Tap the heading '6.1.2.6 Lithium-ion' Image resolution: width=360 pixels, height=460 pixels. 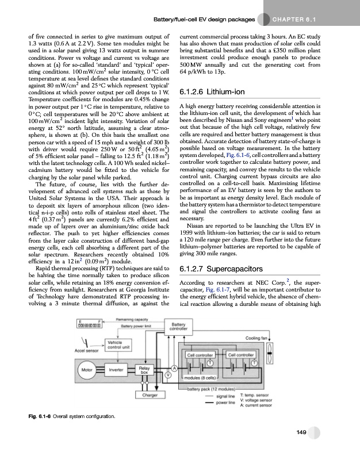pos(212,93)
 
